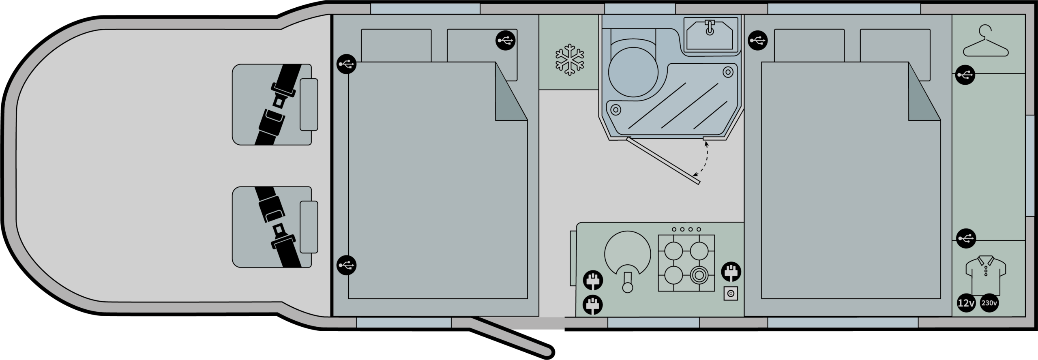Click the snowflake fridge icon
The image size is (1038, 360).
[569, 60]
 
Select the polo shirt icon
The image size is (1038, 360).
[986, 275]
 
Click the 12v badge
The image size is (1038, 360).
[966, 303]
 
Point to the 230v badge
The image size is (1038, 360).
[989, 303]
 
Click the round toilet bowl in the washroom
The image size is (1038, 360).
[633, 72]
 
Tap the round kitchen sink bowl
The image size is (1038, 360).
[627, 254]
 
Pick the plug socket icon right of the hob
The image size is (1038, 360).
[731, 272]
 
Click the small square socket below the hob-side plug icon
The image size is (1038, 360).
[731, 294]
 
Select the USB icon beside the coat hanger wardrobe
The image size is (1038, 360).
[965, 75]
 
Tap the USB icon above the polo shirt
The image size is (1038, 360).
[966, 238]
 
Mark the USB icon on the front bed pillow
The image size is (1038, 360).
[506, 40]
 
